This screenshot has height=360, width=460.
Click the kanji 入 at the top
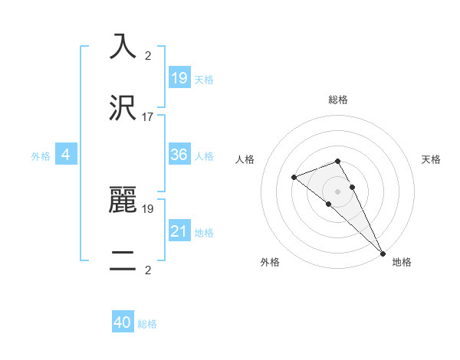coord(123,47)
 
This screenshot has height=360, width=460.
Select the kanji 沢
coord(123,107)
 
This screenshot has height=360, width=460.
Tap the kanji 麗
coord(123,199)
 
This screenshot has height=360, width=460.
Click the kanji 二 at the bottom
coord(123,260)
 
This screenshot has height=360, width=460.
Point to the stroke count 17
coord(148,117)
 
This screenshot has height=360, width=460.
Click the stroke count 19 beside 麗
coord(148,208)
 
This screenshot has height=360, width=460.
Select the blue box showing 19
coord(179,77)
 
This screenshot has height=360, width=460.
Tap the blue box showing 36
coord(179,155)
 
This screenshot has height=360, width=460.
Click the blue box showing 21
coord(179,231)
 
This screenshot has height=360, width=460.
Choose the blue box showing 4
coord(66,155)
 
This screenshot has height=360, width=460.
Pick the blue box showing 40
coord(123,322)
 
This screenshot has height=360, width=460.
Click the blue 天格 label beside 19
coord(204,80)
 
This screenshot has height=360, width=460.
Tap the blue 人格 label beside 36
coord(204,156)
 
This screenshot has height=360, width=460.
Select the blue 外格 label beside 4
coord(41,156)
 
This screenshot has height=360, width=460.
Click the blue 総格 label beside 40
coord(147,324)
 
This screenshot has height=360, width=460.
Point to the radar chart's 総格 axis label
coord(338,100)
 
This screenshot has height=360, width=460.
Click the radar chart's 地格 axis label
coord(402,263)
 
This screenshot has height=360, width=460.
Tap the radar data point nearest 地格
coord(382,252)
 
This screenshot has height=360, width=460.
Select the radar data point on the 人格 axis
coord(294,178)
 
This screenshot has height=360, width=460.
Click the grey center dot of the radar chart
coord(338,191)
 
